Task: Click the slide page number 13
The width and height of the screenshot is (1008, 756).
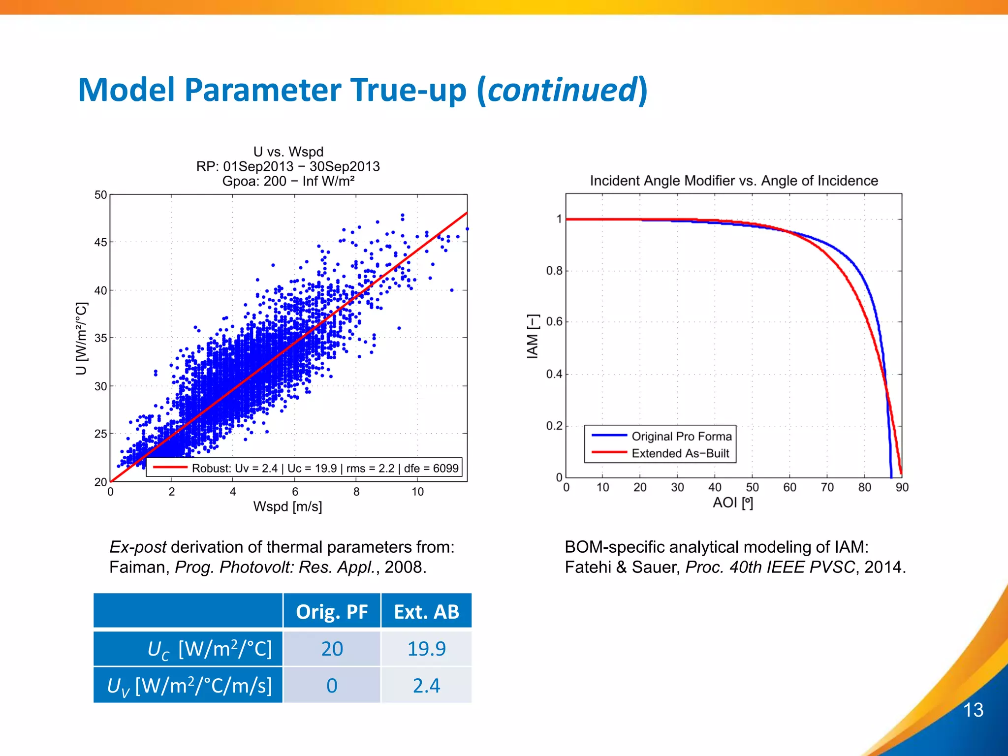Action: pyautogui.click(x=973, y=710)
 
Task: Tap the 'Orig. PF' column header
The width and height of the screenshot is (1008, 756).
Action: pyautogui.click(x=332, y=612)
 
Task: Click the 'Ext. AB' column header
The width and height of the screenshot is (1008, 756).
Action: pyautogui.click(x=426, y=612)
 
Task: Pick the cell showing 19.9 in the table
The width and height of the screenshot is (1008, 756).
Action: pyautogui.click(x=426, y=649)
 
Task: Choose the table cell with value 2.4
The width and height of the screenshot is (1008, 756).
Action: pyautogui.click(x=426, y=686)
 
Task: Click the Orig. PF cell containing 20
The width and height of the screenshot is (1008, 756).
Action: pyautogui.click(x=332, y=649)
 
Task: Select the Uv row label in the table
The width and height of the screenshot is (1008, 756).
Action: pyautogui.click(x=189, y=686)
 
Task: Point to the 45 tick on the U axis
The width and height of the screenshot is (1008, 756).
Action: pyautogui.click(x=100, y=242)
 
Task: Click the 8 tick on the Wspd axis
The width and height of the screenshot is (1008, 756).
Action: pyautogui.click(x=356, y=492)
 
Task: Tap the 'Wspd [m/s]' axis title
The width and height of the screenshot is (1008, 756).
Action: pyautogui.click(x=287, y=506)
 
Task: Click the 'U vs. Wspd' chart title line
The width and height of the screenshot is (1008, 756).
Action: pyautogui.click(x=288, y=152)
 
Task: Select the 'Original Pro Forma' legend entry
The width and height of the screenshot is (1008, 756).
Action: pyautogui.click(x=681, y=436)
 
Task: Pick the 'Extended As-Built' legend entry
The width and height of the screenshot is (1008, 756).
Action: pyautogui.click(x=680, y=453)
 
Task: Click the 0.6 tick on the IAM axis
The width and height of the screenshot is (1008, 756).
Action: pyautogui.click(x=554, y=322)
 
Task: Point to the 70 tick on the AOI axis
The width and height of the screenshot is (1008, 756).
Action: pyautogui.click(x=827, y=487)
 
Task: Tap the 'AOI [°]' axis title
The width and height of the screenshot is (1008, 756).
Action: pyautogui.click(x=733, y=503)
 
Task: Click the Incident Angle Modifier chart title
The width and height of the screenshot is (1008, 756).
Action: pyautogui.click(x=734, y=181)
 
